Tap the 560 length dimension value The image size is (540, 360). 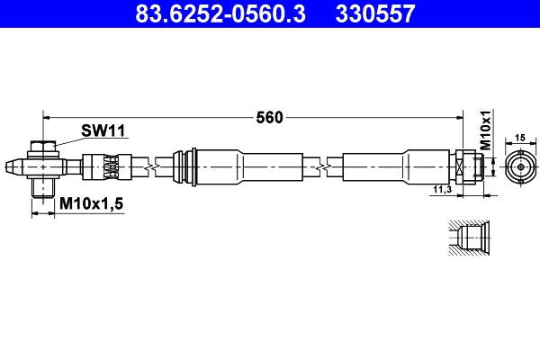270,116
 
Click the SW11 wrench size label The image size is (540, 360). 103,131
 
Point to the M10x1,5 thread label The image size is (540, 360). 90,205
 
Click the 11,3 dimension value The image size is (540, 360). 441,190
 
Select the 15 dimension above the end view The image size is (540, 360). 518,138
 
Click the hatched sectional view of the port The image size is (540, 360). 469,239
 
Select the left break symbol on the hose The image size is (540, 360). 157,167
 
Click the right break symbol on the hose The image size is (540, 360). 320,167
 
